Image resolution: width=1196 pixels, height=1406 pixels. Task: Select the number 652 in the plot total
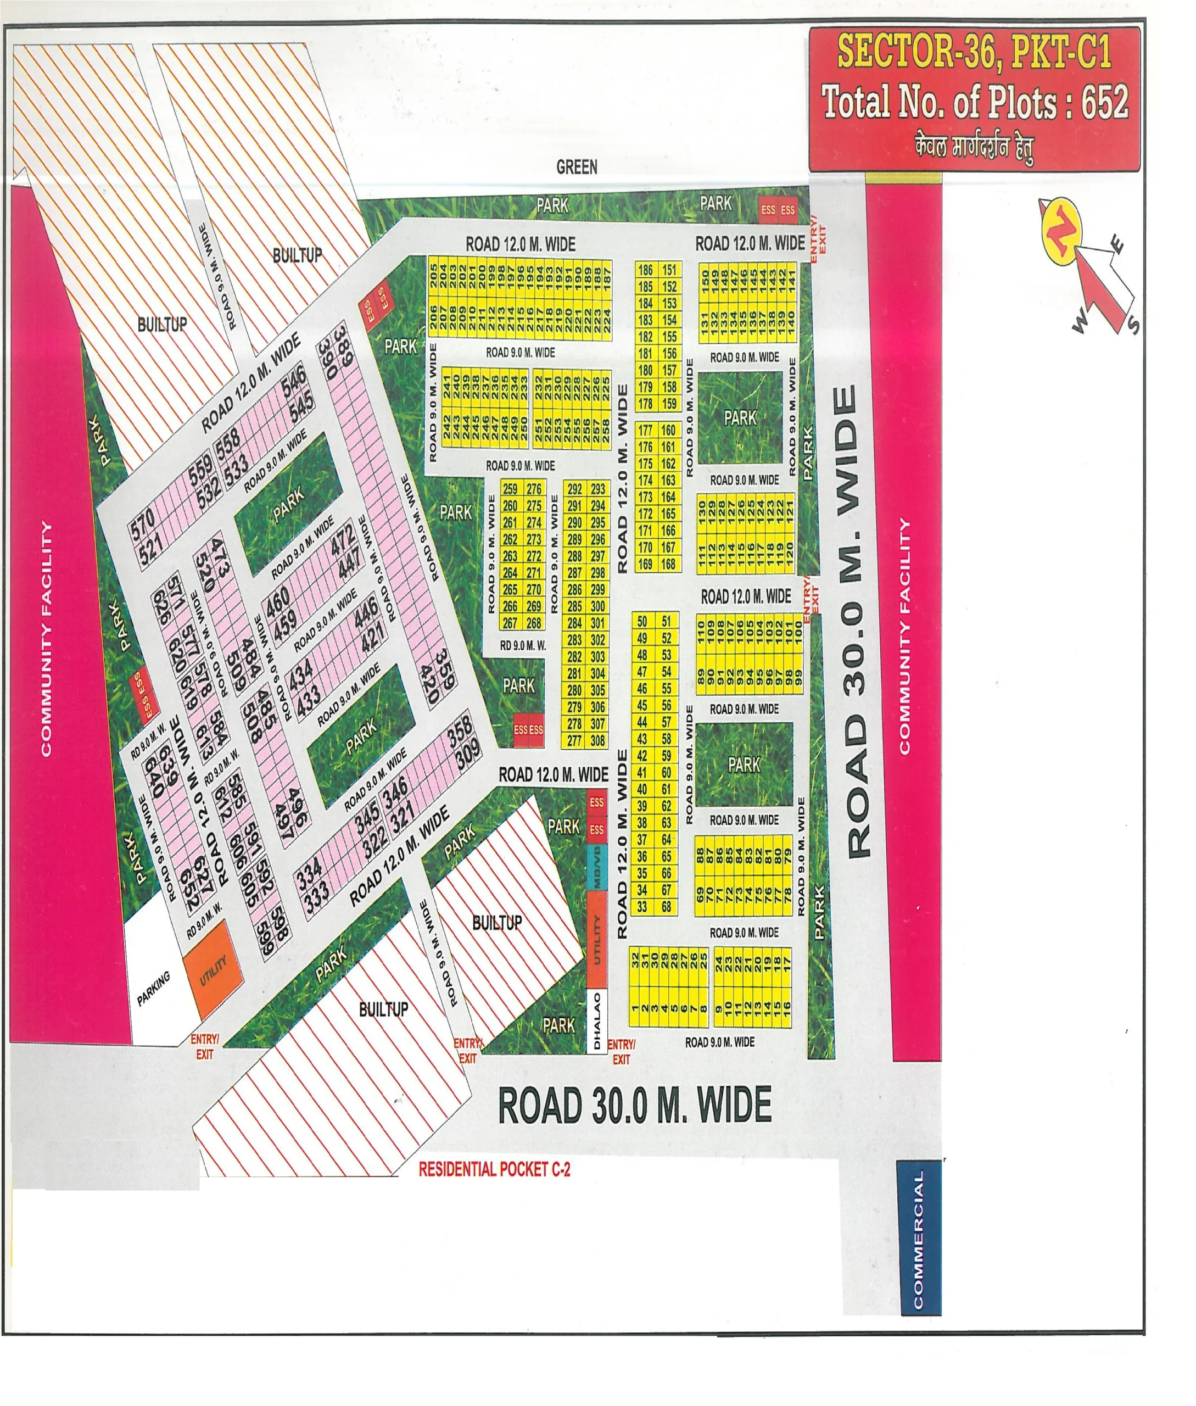pos(1104,102)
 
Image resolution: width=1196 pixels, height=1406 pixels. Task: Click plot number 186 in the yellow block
pos(645,270)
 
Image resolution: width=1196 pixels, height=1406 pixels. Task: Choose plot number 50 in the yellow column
pos(642,621)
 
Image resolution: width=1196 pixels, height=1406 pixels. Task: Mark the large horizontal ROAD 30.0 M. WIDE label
pos(635,1105)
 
